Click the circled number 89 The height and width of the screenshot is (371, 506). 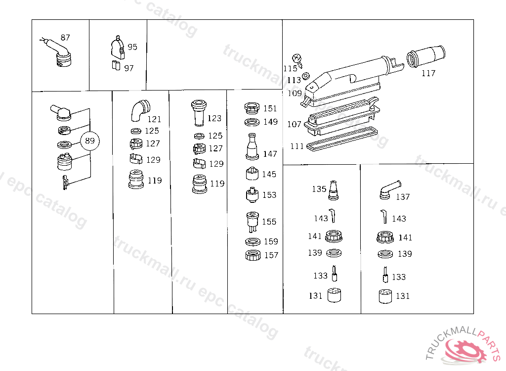pyautogui.click(x=89, y=141)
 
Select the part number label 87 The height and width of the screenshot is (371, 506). pyautogui.click(x=65, y=38)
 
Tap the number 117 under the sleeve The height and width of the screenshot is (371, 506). pyautogui.click(x=428, y=73)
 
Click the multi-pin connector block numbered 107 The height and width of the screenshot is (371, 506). pyautogui.click(x=341, y=121)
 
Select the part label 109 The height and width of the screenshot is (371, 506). pyautogui.click(x=295, y=93)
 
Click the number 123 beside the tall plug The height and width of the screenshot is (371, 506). pyautogui.click(x=214, y=119)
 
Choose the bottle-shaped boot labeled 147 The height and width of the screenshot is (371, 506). pyautogui.click(x=252, y=147)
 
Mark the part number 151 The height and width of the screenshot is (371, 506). pyautogui.click(x=270, y=109)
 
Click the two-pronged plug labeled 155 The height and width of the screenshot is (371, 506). pyautogui.click(x=252, y=221)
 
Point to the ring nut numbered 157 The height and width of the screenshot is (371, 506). pyautogui.click(x=253, y=256)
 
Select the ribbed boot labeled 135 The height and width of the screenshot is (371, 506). pyautogui.click(x=335, y=190)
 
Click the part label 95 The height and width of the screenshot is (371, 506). pyautogui.click(x=132, y=47)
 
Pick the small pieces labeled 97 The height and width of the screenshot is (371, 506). pyautogui.click(x=116, y=65)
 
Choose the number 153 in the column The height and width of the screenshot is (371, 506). pyautogui.click(x=269, y=195)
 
